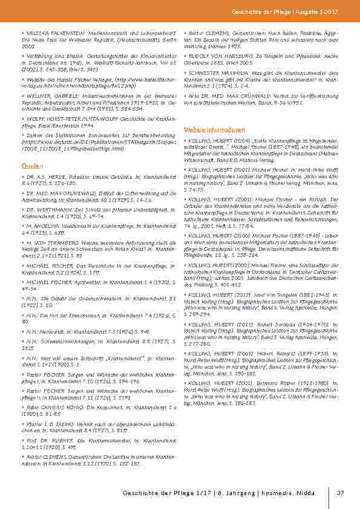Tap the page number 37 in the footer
[341, 493]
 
